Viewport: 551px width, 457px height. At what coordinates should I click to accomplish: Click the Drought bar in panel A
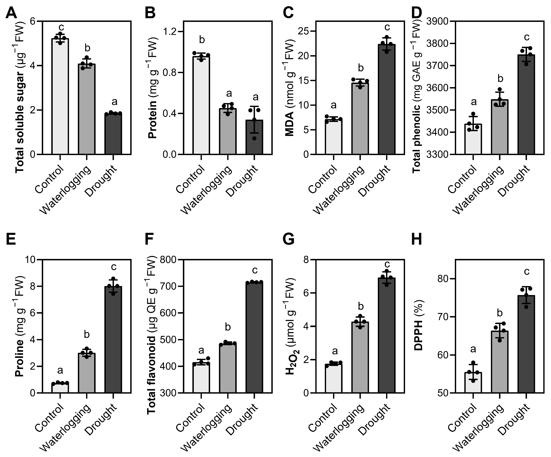(113, 134)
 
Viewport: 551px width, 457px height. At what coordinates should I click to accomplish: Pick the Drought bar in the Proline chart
(113, 340)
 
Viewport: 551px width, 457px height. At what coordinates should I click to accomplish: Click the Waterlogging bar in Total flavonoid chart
(228, 368)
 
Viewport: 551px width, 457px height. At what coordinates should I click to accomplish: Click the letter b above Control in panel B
(202, 40)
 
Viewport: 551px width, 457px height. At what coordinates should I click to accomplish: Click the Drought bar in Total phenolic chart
(526, 104)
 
